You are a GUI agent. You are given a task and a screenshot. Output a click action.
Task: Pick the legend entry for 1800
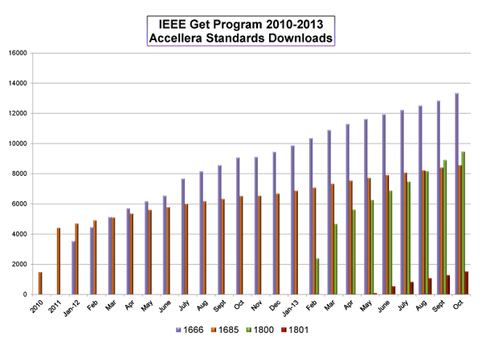[x=262, y=329]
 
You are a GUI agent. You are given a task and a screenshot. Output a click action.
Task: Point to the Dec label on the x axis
[x=276, y=306]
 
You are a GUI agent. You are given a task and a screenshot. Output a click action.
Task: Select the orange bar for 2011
[x=59, y=262]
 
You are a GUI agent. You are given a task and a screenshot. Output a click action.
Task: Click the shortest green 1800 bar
[x=318, y=277]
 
